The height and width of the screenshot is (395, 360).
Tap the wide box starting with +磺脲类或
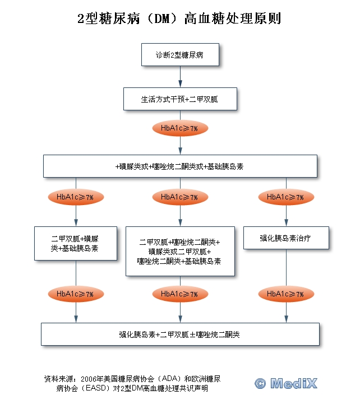[x=179, y=166]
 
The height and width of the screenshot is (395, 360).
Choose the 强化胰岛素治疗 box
[x=285, y=238]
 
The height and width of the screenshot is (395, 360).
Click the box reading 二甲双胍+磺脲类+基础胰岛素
[x=76, y=244]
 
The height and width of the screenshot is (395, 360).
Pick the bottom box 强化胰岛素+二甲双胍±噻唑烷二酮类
[x=179, y=334]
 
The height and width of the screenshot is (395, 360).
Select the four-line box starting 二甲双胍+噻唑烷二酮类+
[x=180, y=252]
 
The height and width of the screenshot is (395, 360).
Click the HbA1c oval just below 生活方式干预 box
[x=179, y=129]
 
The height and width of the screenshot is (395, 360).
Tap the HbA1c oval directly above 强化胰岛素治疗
[x=285, y=197]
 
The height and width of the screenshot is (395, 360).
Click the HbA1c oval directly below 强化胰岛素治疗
[x=285, y=294]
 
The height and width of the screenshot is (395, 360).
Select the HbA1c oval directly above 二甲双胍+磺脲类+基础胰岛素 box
[x=75, y=197]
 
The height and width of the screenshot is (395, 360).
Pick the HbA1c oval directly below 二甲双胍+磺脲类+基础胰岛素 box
[x=75, y=294]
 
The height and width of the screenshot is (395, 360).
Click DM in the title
[x=164, y=18]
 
